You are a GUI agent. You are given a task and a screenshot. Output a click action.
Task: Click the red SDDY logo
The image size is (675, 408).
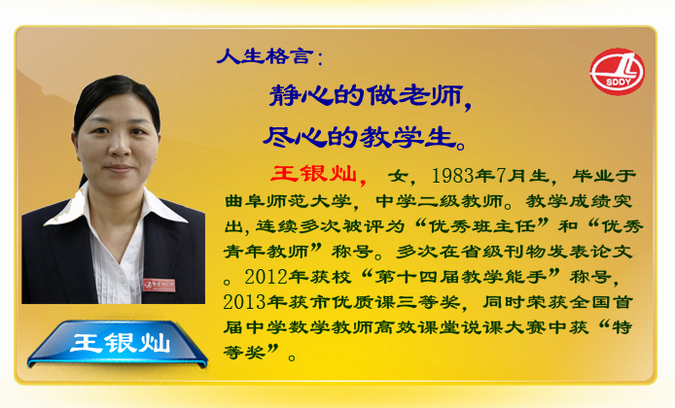pyautogui.click(x=617, y=71)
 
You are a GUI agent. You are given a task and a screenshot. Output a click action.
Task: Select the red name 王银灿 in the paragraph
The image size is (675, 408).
pyautogui.click(x=314, y=174)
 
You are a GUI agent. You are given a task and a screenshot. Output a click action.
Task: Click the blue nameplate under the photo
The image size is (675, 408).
pyautogui.click(x=117, y=344)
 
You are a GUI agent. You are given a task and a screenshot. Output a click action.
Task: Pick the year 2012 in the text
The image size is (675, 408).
pyautogui.click(x=266, y=277)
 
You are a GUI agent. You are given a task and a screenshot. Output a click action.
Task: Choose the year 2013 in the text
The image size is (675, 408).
pyautogui.click(x=244, y=302)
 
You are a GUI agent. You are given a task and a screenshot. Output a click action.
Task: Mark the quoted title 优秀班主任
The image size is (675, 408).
pyautogui.click(x=481, y=226)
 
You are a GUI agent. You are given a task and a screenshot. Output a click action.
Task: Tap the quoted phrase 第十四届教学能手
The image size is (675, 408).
pyautogui.click(x=461, y=277)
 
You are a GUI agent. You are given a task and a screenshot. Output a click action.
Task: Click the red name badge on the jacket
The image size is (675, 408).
pyautogui.click(x=160, y=285)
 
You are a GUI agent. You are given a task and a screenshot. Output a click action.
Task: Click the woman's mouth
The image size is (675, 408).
pyautogui.click(x=120, y=168)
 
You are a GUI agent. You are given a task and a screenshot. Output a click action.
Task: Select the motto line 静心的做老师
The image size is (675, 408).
pyautogui.click(x=366, y=95)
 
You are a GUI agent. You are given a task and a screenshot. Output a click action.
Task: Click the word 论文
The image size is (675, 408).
pyautogui.click(x=611, y=252)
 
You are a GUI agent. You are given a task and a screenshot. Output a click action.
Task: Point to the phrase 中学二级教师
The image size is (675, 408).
pyautogui.click(x=439, y=201)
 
